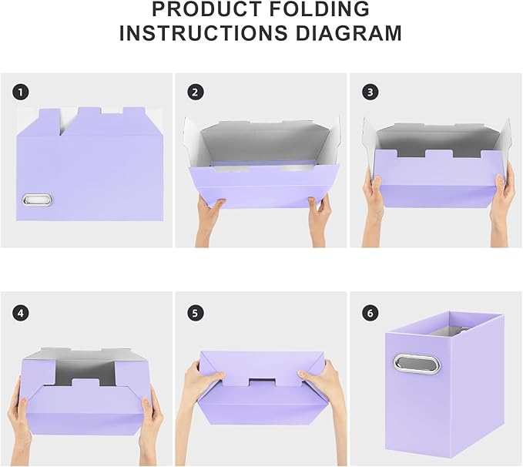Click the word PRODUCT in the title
pos(206,10)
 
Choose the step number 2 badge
pos(196,92)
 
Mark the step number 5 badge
pos(196,313)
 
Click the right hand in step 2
pos(319,217)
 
